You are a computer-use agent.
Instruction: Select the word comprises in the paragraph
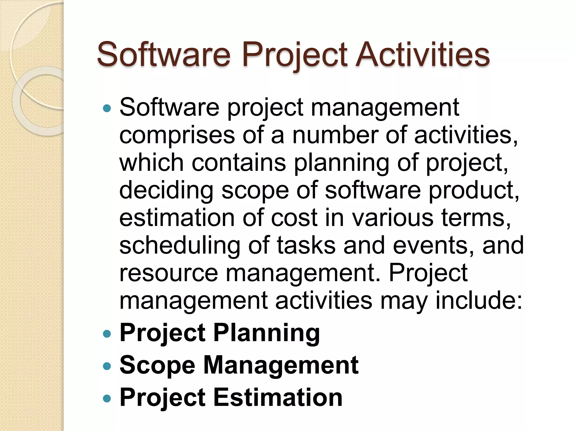[177, 136]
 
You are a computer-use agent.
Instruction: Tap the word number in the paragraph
[335, 135]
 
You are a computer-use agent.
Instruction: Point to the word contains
[239, 162]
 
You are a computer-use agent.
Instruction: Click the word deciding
[166, 191]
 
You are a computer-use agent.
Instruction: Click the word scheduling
[180, 246]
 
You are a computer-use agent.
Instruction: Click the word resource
[168, 273]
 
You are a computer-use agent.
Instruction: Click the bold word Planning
[266, 333]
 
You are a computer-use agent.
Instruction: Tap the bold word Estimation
[278, 397]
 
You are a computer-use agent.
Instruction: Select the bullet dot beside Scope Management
[107, 366]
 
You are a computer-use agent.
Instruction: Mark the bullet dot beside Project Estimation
[107, 398]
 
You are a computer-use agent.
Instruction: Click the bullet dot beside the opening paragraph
[107, 108]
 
